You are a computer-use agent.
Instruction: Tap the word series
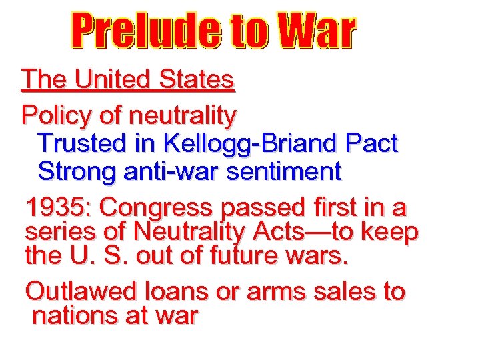(56, 232)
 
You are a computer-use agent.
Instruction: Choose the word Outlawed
(81, 291)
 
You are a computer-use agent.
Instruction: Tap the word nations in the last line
(74, 315)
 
